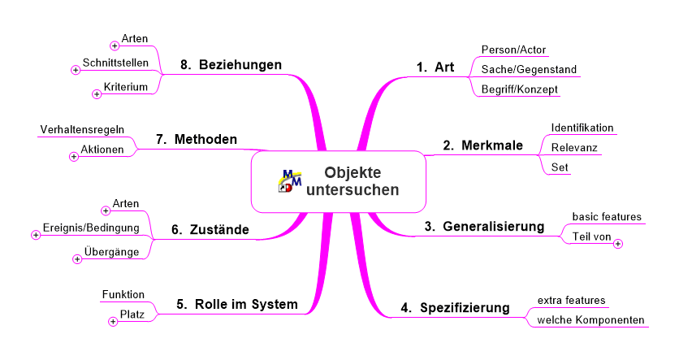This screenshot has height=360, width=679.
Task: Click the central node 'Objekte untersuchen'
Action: click(x=338, y=181)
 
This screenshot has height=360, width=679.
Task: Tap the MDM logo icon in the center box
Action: click(x=290, y=181)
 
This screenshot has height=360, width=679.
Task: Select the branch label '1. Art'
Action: click(x=435, y=67)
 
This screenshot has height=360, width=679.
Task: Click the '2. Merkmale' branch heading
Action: click(x=482, y=145)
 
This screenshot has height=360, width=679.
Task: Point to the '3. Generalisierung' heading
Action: click(x=484, y=226)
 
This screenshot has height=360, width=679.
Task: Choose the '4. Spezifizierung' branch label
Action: click(x=455, y=307)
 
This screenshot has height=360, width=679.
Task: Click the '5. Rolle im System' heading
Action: click(x=237, y=304)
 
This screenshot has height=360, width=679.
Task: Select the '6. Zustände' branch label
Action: click(x=210, y=230)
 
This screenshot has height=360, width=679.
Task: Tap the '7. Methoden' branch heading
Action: click(x=197, y=139)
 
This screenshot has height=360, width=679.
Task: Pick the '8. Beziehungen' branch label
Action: click(x=231, y=64)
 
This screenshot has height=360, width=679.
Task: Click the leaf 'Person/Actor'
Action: click(x=513, y=50)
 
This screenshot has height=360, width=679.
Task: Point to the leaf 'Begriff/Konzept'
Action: click(x=520, y=89)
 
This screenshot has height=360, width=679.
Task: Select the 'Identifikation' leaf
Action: click(x=582, y=128)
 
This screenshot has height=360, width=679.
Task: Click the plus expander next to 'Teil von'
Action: click(x=618, y=244)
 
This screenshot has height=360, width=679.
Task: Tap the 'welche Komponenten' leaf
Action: click(x=590, y=320)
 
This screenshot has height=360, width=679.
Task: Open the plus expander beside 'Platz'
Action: click(x=113, y=322)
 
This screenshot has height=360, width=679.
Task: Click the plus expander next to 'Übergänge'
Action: click(x=77, y=259)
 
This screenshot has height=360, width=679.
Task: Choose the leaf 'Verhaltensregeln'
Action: click(x=82, y=129)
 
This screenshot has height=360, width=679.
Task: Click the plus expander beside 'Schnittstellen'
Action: click(x=76, y=70)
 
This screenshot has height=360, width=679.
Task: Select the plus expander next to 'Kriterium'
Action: click(x=97, y=94)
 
